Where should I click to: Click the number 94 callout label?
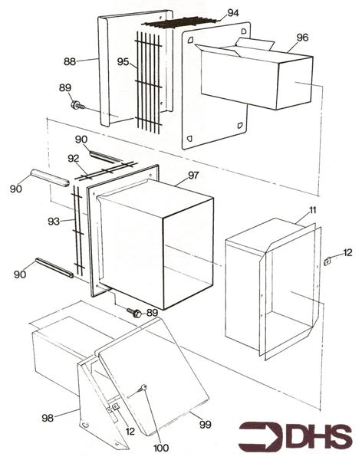(233, 13)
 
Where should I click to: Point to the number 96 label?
(302, 37)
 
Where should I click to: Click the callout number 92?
(74, 159)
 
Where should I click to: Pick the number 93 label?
(54, 222)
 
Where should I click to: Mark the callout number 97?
(193, 176)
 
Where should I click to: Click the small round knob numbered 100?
(143, 387)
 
